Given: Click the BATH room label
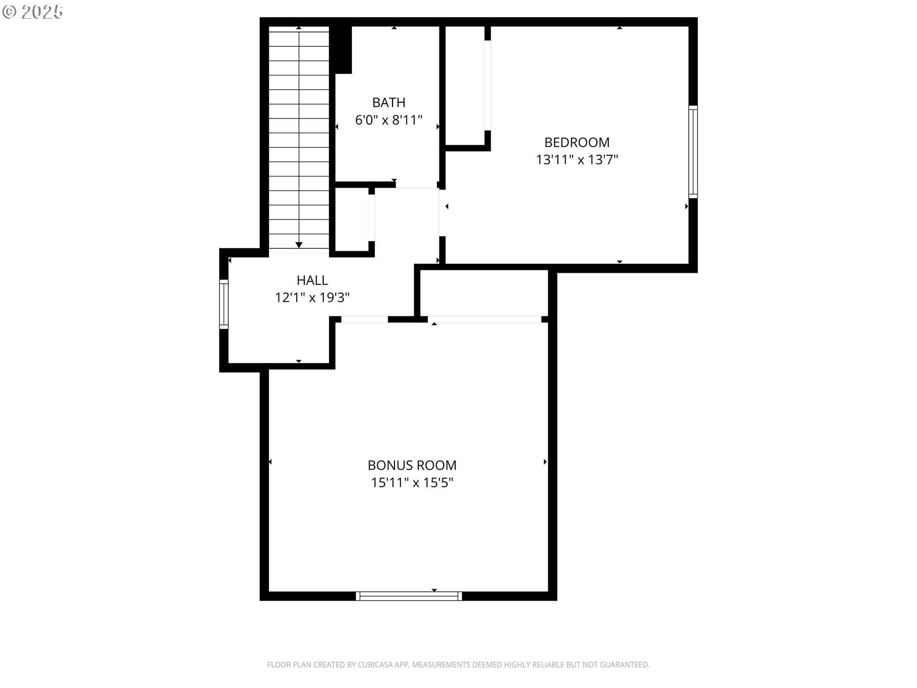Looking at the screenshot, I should [x=389, y=103].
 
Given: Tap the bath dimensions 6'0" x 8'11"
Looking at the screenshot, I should [x=389, y=120].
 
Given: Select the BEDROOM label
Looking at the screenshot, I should [x=577, y=142].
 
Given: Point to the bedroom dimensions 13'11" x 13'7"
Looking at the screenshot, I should [x=577, y=160].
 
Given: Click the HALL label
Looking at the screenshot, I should [x=312, y=280].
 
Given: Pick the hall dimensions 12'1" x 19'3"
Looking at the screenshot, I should [x=312, y=298].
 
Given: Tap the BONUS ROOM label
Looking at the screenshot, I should [x=412, y=465].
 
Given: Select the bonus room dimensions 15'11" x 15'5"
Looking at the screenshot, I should [x=412, y=483].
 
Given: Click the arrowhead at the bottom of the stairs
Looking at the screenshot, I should [x=299, y=245].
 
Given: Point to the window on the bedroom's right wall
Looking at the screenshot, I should [x=693, y=152].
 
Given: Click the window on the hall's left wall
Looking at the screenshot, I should [x=224, y=304].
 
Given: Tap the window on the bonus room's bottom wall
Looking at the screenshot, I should [x=409, y=596].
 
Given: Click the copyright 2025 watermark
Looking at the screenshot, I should [x=32, y=12].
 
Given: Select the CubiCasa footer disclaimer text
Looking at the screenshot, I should [x=458, y=665].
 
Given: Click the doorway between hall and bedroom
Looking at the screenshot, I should [x=442, y=213].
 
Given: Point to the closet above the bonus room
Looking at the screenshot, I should [x=484, y=292].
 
